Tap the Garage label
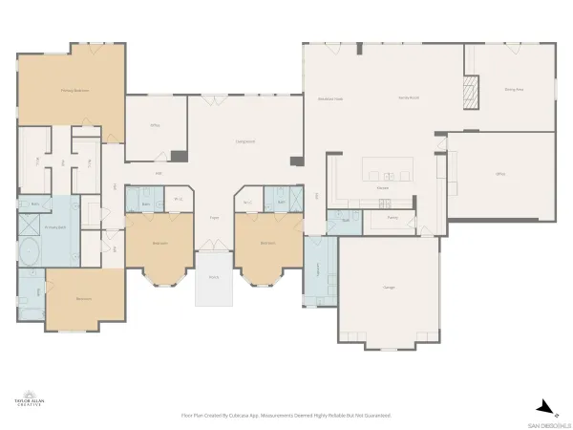click(x=389, y=287)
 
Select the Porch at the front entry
click(x=214, y=278)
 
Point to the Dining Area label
click(x=514, y=89)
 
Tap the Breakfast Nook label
click(x=330, y=98)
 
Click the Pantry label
click(x=393, y=218)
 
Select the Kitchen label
click(x=382, y=188)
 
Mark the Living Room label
click(x=245, y=141)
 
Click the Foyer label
click(x=215, y=218)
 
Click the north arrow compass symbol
click(x=541, y=404)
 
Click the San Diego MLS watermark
click(x=551, y=424)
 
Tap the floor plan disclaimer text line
click(x=286, y=416)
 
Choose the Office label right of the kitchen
click(x=499, y=174)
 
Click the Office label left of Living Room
click(x=153, y=124)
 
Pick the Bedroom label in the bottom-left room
click(x=84, y=299)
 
